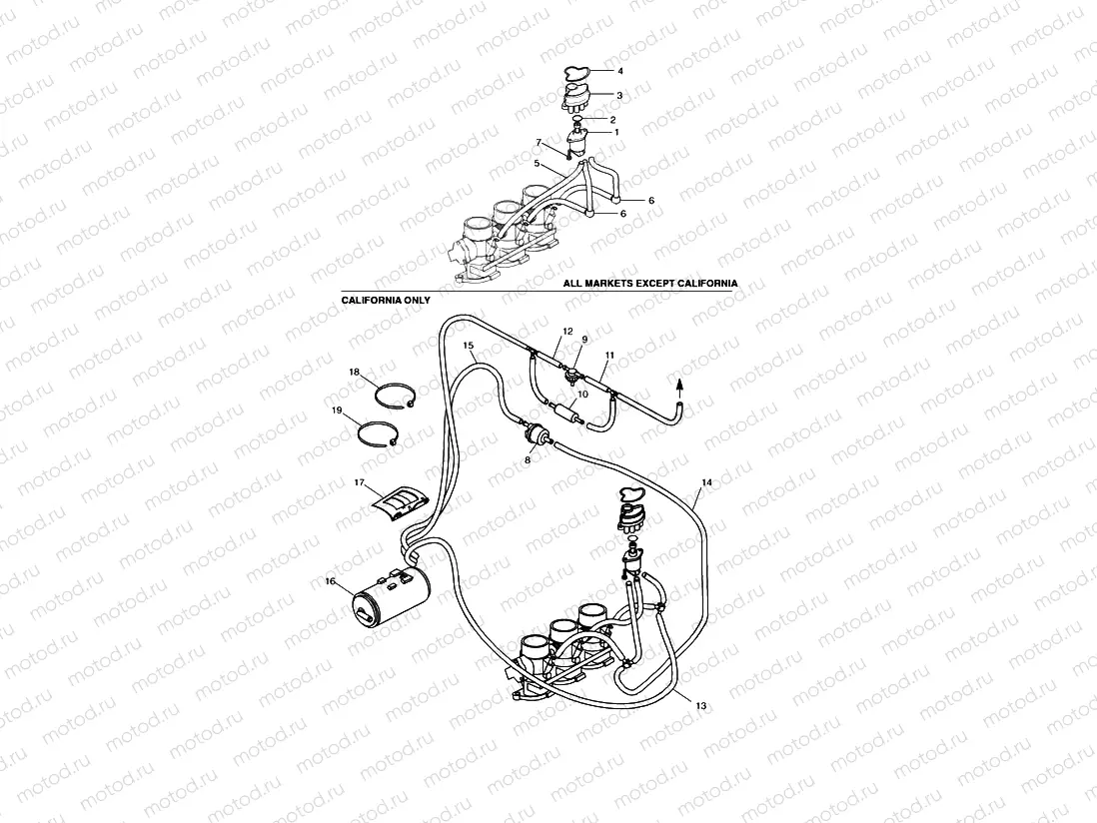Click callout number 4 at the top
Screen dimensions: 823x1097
619,71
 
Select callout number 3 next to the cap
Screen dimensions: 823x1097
619,96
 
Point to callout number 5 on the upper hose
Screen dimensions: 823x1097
538,163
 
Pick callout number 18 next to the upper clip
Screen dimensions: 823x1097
355,372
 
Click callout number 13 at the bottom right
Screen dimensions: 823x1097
700,706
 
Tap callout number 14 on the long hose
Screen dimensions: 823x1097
706,483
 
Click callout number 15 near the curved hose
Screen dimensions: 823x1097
469,345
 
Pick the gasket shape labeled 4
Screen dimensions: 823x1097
577,72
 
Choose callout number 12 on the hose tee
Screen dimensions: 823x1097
566,331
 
